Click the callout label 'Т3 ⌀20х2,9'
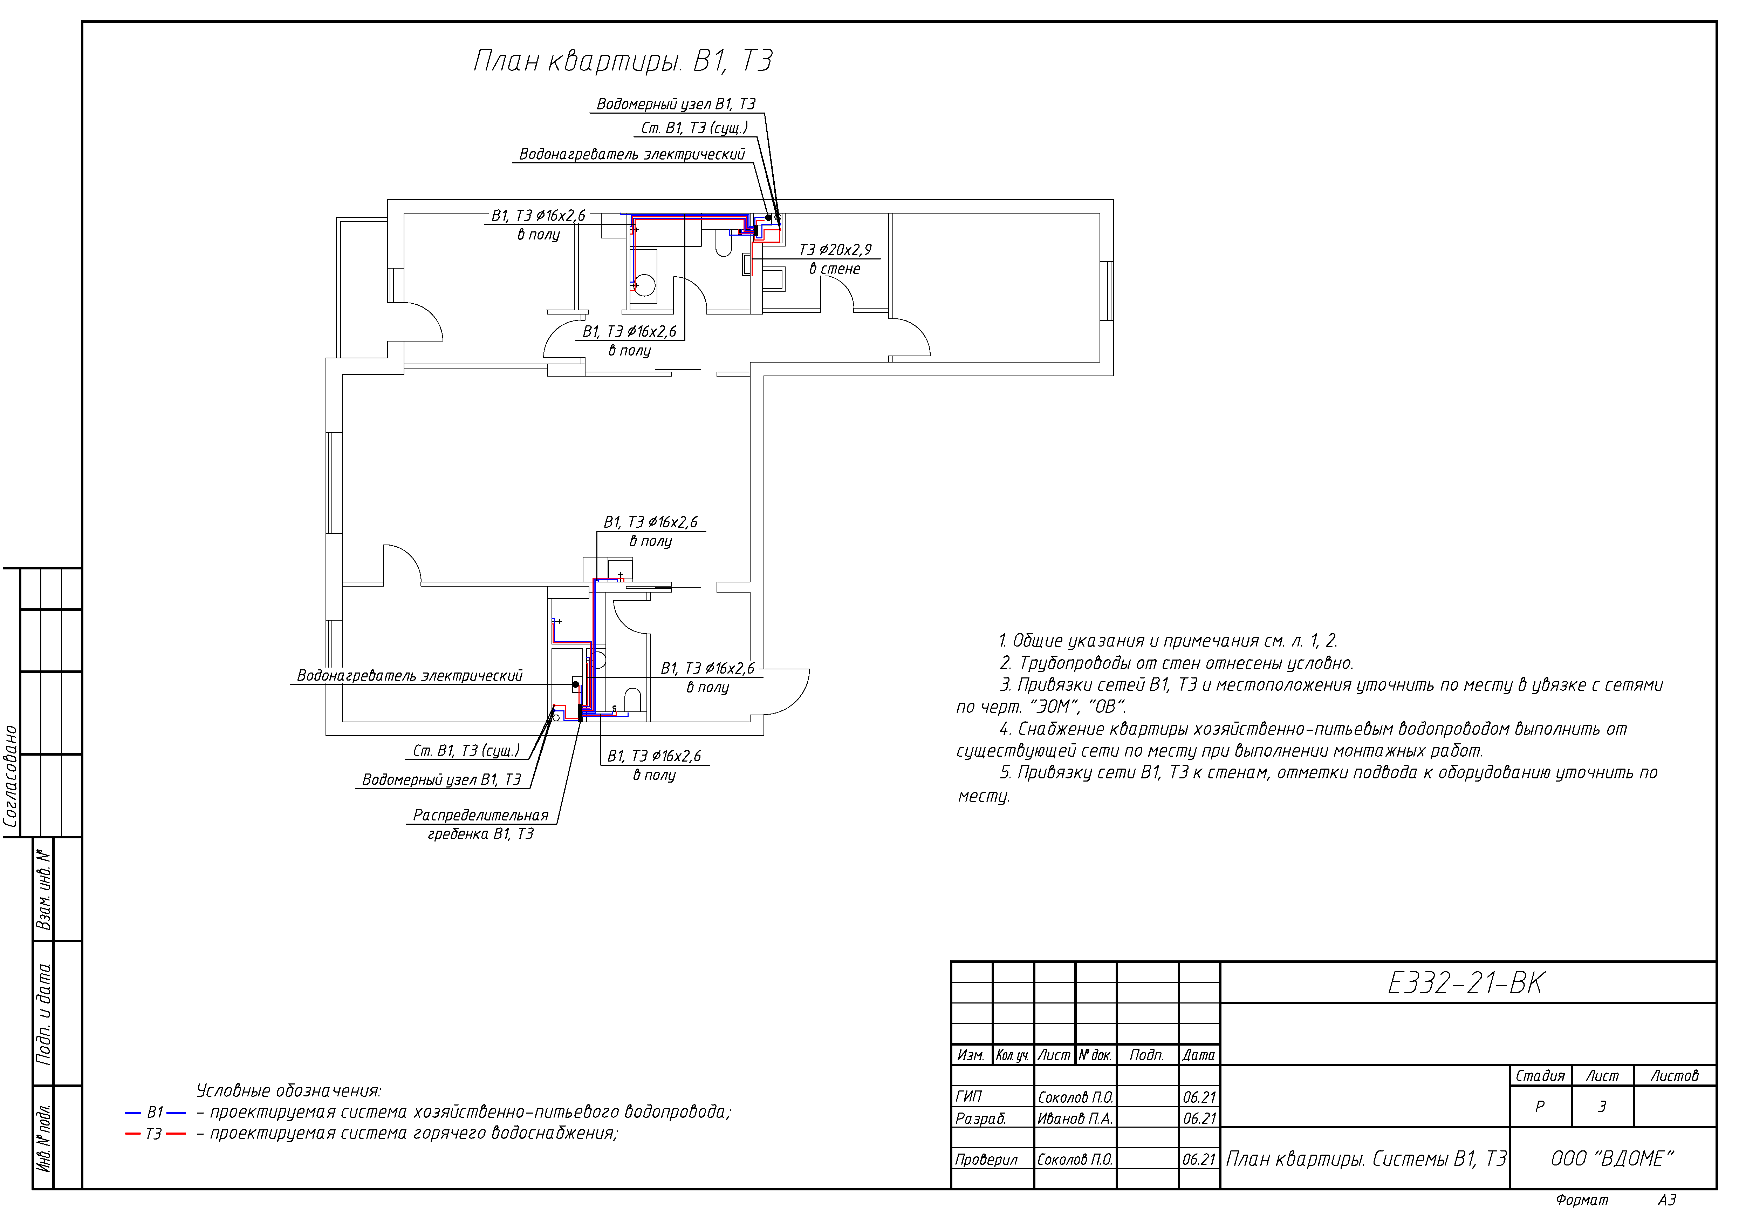point(835,249)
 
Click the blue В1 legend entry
point(155,1113)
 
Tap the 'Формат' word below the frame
point(1581,1201)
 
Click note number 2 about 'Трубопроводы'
point(1176,663)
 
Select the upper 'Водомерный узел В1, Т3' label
point(676,104)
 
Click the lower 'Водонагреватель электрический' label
point(409,675)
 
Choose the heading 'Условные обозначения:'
point(289,1090)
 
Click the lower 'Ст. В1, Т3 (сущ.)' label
point(466,750)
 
